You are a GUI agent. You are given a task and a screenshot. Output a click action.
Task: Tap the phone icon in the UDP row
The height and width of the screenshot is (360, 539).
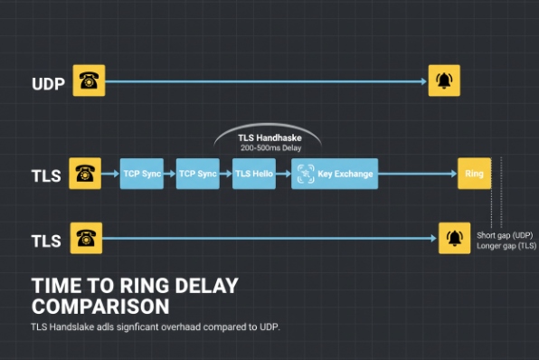(x=88, y=81)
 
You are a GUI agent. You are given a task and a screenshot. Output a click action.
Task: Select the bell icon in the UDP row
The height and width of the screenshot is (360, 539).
(x=444, y=81)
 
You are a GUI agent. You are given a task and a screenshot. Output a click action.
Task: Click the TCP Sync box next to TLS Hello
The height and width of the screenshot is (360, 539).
(x=197, y=174)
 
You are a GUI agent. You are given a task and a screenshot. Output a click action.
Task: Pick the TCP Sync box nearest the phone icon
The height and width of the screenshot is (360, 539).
(x=141, y=174)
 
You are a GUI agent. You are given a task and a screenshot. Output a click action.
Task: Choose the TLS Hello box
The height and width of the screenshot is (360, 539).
(x=253, y=174)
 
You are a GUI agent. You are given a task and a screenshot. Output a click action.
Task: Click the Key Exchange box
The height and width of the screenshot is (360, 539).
(x=335, y=174)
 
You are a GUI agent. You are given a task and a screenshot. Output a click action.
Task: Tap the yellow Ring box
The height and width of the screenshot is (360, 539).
(x=473, y=174)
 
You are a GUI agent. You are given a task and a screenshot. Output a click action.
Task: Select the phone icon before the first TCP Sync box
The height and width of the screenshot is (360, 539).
(x=88, y=173)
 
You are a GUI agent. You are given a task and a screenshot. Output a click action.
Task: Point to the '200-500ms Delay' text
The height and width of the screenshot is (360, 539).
(x=269, y=147)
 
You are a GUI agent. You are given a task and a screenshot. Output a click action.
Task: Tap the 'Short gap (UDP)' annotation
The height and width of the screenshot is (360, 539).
(x=506, y=235)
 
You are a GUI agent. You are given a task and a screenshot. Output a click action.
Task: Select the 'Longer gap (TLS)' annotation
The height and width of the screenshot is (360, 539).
(x=506, y=246)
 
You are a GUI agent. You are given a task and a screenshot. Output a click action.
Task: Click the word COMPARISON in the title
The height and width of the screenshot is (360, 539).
(x=99, y=305)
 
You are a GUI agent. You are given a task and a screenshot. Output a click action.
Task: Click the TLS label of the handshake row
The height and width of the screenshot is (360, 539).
(x=46, y=175)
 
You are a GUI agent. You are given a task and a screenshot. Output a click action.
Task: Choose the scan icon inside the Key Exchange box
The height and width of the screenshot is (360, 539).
(x=305, y=174)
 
